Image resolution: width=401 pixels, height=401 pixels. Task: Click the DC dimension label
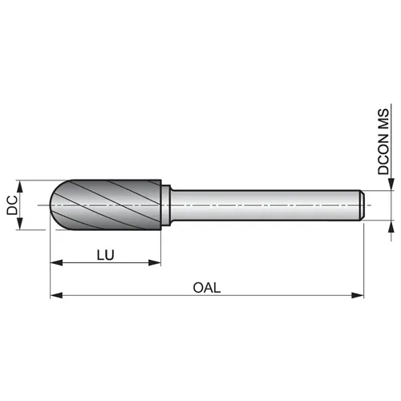pos(12,205)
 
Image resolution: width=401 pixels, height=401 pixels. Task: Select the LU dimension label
pos(106,255)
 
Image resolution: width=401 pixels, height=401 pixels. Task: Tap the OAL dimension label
pos(207,288)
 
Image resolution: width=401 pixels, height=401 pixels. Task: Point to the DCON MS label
pos(383,142)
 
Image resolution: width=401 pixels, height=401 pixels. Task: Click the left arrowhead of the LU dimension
pos(56,263)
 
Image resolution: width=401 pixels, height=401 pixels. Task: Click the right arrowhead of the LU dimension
pos(155,263)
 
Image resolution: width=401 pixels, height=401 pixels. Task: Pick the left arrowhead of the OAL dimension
pos(56,295)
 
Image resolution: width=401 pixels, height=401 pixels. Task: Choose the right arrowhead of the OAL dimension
pos(358,295)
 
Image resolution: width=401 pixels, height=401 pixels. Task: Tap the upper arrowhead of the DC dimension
pos(20,186)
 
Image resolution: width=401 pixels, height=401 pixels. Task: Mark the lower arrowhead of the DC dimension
pos(20,223)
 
